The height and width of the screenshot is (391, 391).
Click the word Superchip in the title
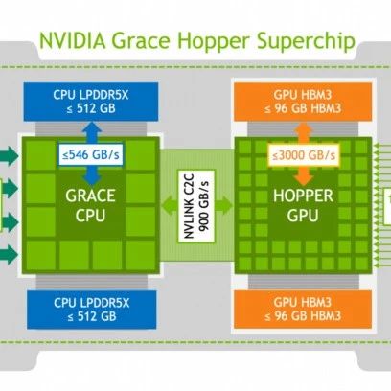point(306,42)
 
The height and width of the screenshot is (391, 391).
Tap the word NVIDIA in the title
point(72,40)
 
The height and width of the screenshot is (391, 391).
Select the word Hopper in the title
point(214,42)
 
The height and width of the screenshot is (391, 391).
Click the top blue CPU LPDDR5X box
point(91,102)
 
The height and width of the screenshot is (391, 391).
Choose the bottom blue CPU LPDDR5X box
point(92,310)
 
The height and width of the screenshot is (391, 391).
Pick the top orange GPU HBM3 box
point(303,102)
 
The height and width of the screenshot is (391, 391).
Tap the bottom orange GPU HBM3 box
point(303,310)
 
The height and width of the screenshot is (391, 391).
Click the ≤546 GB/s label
point(91,155)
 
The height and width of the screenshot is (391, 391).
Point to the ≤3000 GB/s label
point(304,155)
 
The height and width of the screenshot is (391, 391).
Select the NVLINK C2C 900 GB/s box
point(196,206)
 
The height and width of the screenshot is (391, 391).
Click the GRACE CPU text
point(90,205)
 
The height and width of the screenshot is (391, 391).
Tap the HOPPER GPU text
point(303,205)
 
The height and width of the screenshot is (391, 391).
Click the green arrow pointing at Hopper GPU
point(224,205)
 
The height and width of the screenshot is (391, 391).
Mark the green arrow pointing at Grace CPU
point(169,205)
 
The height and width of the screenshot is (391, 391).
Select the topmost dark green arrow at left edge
point(9,155)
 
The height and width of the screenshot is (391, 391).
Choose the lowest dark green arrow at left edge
point(9,254)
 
